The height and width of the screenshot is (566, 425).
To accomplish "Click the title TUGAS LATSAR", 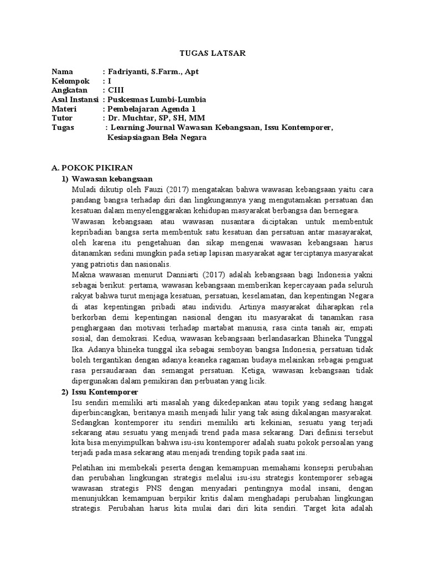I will point(213,53).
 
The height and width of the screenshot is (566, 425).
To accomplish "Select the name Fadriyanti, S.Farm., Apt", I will point(151,72).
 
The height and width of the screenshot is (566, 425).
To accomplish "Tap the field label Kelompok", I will point(70,81).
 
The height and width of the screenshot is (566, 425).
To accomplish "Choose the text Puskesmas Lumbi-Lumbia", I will point(157,99).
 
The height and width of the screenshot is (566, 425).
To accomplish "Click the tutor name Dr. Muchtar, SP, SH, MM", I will point(156,118).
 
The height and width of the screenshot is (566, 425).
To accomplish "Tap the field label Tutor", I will point(62,118).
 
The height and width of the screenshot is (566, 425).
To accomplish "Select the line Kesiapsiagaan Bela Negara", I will point(157,137).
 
